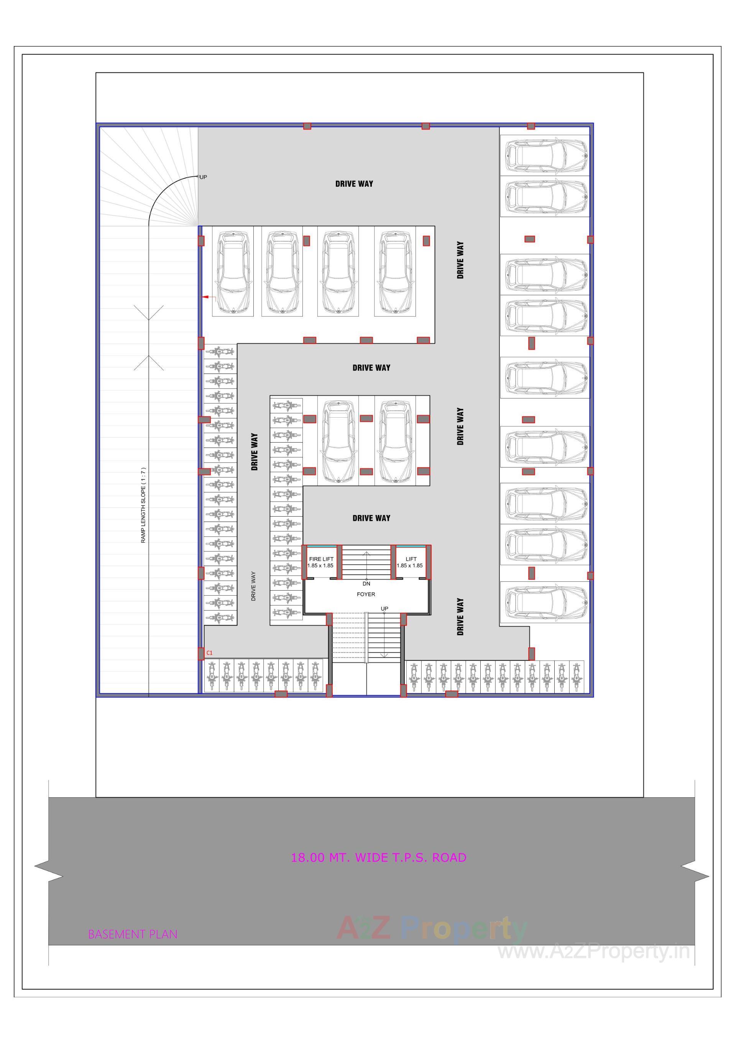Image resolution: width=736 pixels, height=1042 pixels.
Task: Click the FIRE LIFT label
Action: point(321,559)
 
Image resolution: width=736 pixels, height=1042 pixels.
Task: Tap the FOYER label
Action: point(366,594)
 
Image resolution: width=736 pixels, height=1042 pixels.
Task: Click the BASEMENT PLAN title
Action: point(133,934)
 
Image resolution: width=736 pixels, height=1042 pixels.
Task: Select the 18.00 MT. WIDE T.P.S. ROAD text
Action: point(378,857)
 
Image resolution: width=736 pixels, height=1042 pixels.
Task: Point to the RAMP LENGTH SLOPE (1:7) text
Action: point(143,505)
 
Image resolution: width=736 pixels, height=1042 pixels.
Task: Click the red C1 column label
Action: point(209,653)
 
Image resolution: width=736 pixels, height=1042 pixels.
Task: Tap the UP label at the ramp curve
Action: point(203,177)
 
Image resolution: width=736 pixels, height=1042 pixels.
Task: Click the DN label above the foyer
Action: point(366,584)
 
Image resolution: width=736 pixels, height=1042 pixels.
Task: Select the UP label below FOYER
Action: point(384,609)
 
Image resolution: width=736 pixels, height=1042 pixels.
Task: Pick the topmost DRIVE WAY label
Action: point(354,184)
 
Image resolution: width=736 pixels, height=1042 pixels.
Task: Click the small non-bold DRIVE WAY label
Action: point(253,586)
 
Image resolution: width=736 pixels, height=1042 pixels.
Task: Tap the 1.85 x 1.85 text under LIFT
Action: point(409,565)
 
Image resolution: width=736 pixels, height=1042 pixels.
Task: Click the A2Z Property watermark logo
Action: point(431,927)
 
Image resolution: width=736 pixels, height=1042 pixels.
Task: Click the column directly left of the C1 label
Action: point(201,653)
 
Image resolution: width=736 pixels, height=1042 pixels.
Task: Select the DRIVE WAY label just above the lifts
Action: point(371,518)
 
